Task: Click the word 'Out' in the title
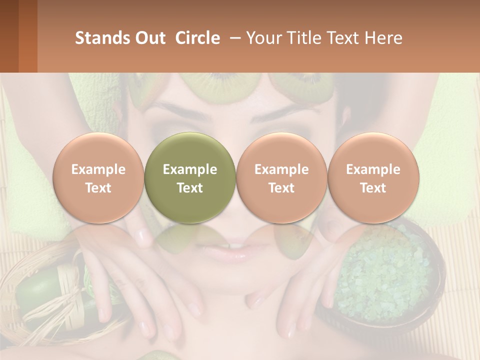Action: [149, 38]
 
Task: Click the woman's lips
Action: [235, 250]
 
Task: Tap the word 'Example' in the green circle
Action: [190, 169]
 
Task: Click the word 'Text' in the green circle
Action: [190, 188]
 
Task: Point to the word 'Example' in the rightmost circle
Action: [373, 169]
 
